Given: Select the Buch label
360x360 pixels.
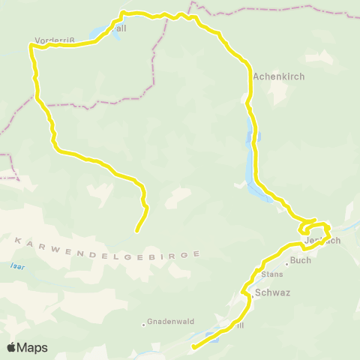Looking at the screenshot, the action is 300,261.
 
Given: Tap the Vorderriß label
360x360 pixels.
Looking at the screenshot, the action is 52,40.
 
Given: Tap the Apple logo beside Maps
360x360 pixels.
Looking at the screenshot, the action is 12,347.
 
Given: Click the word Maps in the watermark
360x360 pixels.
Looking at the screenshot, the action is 33,347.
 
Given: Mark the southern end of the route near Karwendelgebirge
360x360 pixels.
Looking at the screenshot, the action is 136,231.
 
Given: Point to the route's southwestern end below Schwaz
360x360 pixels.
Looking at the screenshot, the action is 193,346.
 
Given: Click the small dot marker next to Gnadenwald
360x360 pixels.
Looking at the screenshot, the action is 144,325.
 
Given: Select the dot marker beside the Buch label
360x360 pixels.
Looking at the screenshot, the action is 286,263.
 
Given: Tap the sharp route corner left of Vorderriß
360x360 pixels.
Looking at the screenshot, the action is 30,46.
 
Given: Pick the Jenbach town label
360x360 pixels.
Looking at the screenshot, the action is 323,241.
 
